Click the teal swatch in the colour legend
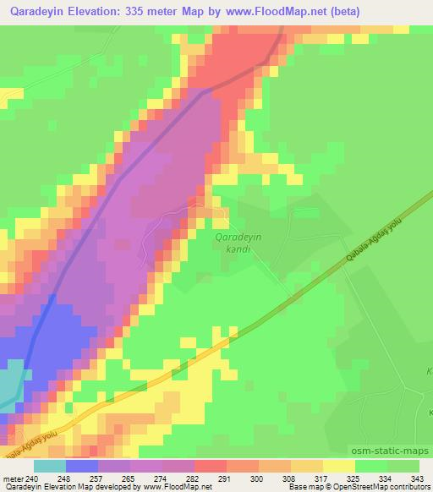pyautogui.click(x=51, y=465)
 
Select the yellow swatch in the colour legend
pyautogui.click(x=338, y=465)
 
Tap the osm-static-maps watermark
pyautogui.click(x=391, y=453)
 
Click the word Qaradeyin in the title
pyautogui.click(x=36, y=11)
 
